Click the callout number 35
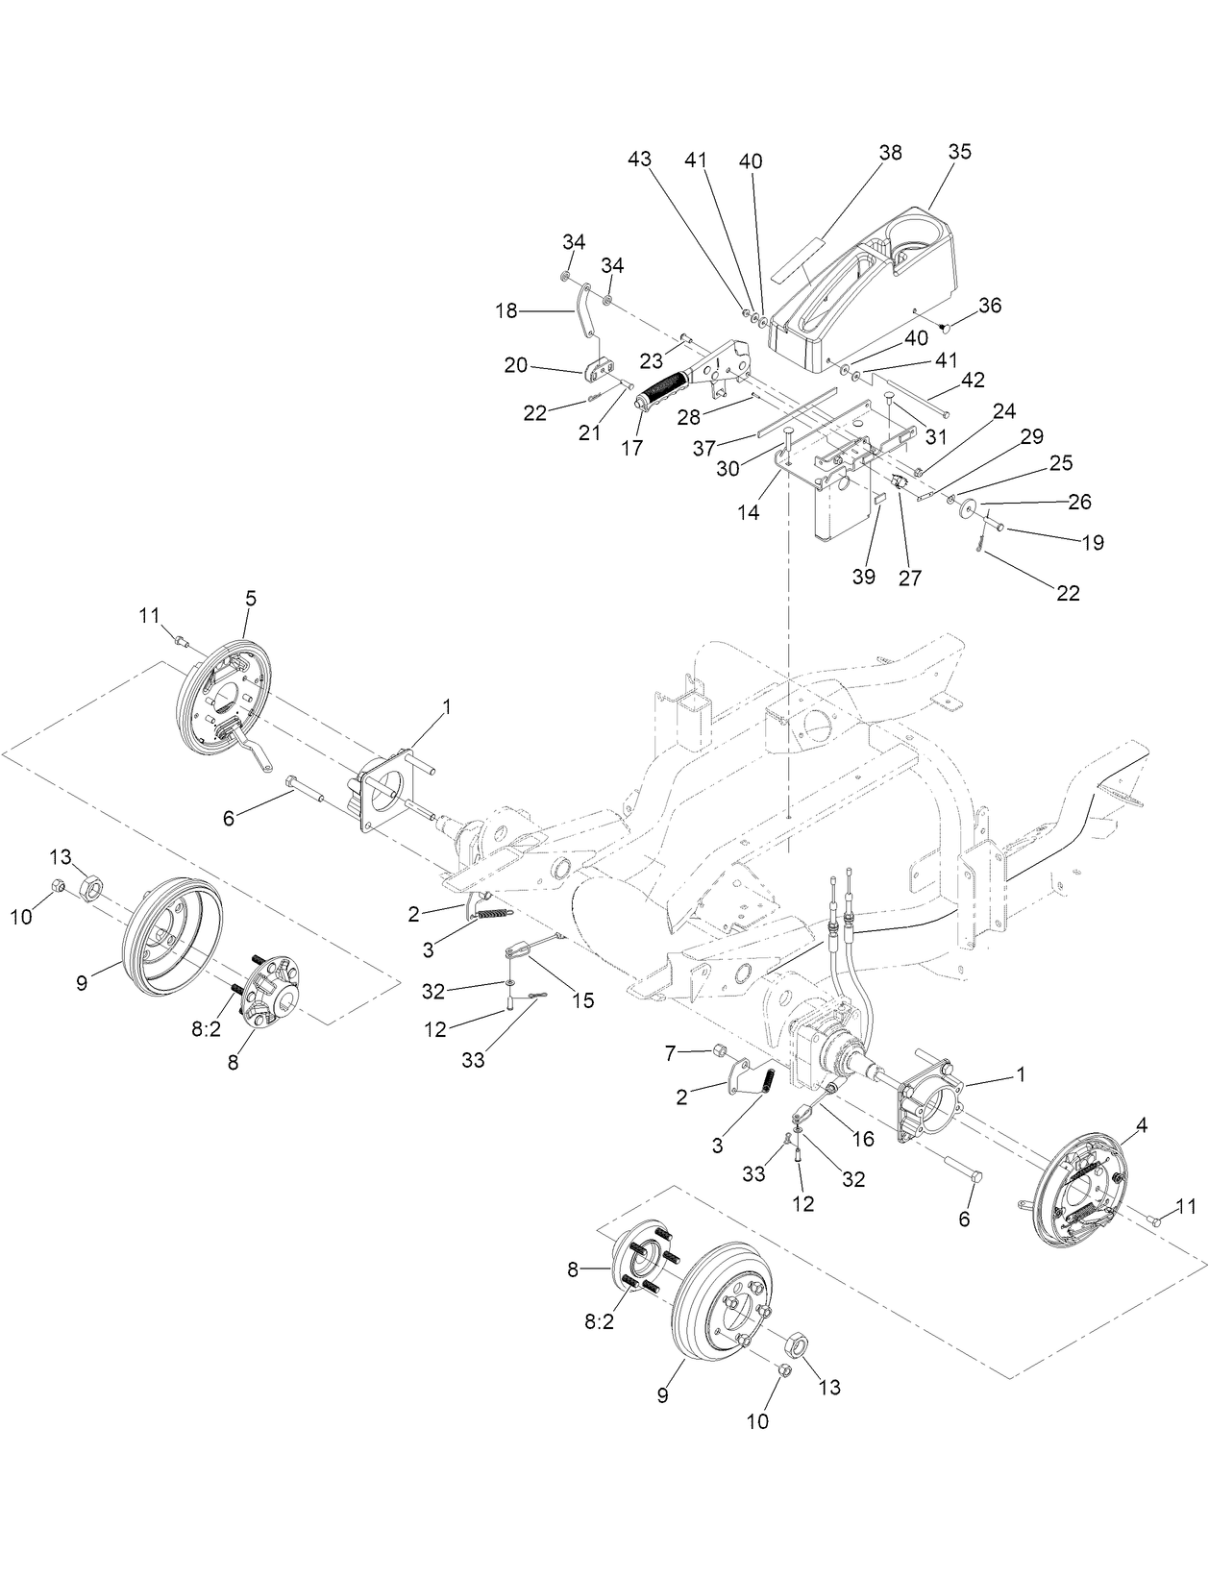click(959, 152)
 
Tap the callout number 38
click(890, 153)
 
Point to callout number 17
click(630, 448)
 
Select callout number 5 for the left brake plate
click(250, 598)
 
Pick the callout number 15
click(582, 1000)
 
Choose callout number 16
click(862, 1139)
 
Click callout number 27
click(909, 578)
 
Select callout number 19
click(1092, 543)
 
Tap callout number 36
click(989, 306)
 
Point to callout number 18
click(506, 310)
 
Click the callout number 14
click(748, 513)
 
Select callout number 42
click(973, 380)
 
